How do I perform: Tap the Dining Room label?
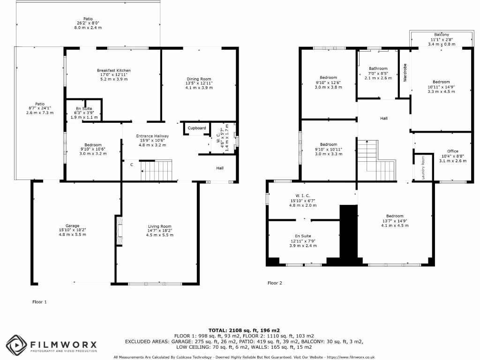tap(199, 79)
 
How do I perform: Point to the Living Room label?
tap(159, 226)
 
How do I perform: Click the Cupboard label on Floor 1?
tap(197, 128)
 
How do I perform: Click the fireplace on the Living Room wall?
tap(118, 230)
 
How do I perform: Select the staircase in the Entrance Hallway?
tap(157, 171)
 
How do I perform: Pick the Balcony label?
tap(441, 35)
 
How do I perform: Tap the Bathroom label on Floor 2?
tap(378, 68)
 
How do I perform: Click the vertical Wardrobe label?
tap(405, 73)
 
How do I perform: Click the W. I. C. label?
tap(302, 195)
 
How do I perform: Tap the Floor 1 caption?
tap(39, 302)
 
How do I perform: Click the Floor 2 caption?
tap(275, 283)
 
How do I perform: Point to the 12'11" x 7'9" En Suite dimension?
tap(302, 241)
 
